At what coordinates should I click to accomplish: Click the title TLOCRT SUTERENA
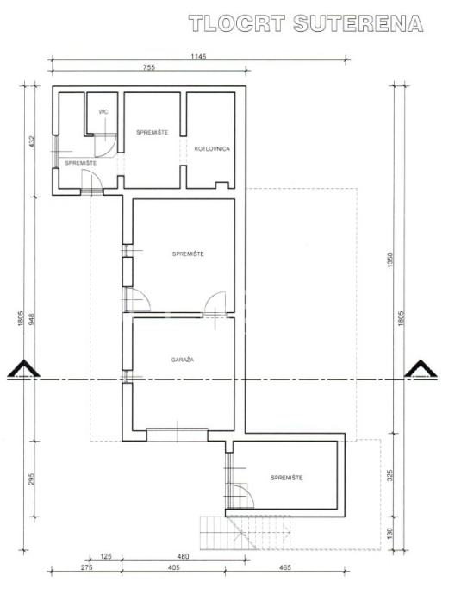pos(306,23)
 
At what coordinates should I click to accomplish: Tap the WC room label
pos(103,112)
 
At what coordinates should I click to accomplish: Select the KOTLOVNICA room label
pos(212,148)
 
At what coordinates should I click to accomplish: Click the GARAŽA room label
pos(183,360)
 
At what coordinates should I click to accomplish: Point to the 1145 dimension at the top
pos(198,57)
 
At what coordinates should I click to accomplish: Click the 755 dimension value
pos(149,67)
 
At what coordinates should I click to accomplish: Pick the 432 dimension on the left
pos(32,142)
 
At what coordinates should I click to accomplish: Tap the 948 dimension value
pos(32,319)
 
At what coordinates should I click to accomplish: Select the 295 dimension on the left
pos(32,479)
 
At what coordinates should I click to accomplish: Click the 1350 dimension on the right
pos(390,260)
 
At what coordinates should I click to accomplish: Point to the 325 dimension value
pos(390,475)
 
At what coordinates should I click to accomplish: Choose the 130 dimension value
pos(390,533)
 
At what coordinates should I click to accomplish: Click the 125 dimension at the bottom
pos(106,557)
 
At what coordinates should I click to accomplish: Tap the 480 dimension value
pos(184,557)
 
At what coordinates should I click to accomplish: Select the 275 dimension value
pos(87,567)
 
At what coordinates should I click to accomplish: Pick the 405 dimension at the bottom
pos(173,567)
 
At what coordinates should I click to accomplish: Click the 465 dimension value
pos(284,567)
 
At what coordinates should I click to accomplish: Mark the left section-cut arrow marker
pos(24,369)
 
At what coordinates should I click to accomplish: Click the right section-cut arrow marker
pos(421,369)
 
